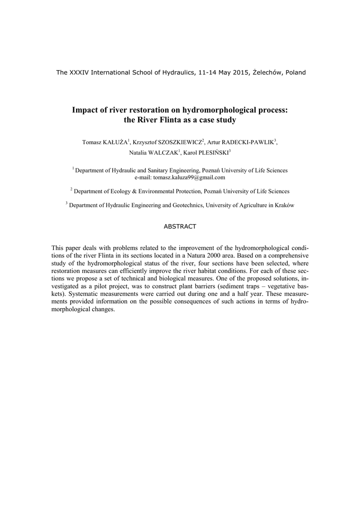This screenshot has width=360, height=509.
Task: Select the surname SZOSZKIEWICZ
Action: click(179, 143)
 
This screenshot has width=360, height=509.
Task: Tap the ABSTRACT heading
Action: click(180, 227)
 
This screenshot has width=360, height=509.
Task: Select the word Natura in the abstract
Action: click(198, 255)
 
